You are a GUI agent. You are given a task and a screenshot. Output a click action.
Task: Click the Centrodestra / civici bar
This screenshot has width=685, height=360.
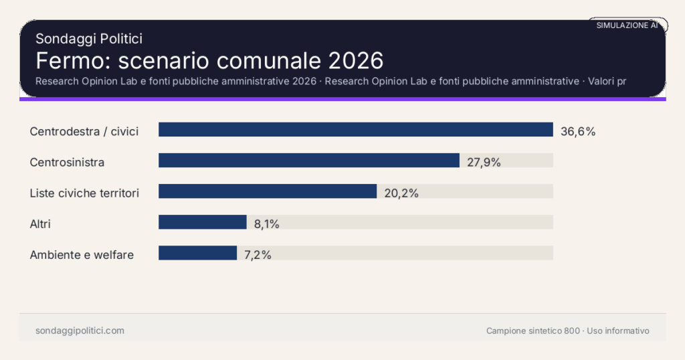coord(355,130)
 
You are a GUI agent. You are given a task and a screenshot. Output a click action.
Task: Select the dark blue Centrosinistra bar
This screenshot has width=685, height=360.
coord(308,161)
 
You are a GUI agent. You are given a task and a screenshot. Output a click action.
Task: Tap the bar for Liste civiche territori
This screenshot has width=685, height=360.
coord(268,191)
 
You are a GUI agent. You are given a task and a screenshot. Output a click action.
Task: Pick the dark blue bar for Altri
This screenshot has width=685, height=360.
coord(203,222)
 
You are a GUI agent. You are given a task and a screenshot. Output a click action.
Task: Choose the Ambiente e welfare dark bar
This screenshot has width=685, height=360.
coord(197,253)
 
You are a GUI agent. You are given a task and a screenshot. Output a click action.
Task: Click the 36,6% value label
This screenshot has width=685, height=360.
coord(578,131)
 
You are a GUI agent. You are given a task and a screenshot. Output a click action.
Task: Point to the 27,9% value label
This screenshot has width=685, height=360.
coord(484,162)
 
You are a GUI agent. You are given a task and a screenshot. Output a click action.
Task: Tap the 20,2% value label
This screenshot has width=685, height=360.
coord(401,193)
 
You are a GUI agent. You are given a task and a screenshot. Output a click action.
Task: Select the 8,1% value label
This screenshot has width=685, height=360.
coord(266,223)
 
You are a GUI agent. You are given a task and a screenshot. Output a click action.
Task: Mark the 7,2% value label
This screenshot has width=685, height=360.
coord(258,254)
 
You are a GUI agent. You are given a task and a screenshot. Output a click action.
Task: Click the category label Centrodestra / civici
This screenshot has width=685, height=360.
coord(84,131)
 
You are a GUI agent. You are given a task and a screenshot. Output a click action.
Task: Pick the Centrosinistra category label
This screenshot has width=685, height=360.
coord(67,162)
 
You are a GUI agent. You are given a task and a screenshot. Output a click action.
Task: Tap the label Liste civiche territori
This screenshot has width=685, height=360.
coord(84,193)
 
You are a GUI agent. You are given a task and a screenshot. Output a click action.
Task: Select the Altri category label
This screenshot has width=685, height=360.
coord(40,223)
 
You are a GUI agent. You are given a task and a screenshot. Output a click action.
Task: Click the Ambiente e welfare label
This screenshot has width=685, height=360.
coord(82,254)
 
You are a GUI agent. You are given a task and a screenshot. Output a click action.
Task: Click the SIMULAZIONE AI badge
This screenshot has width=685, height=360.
coord(627,25)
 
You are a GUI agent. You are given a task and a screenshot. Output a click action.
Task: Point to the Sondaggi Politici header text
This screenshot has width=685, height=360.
coord(89,39)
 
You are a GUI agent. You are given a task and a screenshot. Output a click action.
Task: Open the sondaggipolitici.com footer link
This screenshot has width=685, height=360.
coord(80,331)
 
